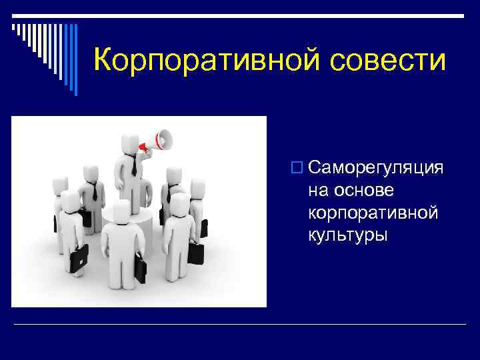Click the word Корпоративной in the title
click(x=193, y=60)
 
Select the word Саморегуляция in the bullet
click(x=376, y=167)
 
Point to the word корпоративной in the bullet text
click(x=373, y=213)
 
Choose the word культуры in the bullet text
click(x=347, y=235)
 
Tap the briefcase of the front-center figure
click(x=140, y=269)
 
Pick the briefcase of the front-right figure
click(x=197, y=253)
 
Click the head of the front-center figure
click(x=121, y=211)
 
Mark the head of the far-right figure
click(x=197, y=187)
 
